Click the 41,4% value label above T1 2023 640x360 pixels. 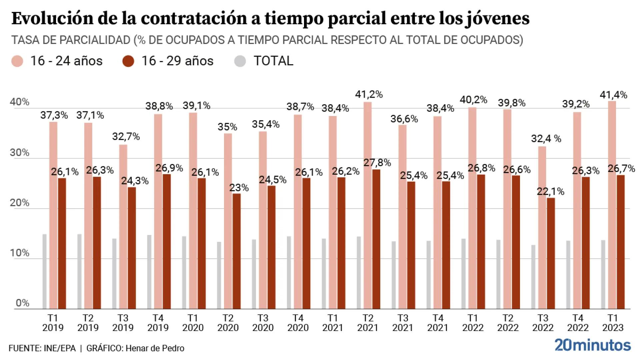[613, 95]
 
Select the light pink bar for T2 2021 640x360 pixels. [367, 205]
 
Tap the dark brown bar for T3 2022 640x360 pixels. [551, 253]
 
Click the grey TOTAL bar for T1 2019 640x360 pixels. [45, 272]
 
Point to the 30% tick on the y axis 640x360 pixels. [19, 153]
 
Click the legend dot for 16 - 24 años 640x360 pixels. [17, 61]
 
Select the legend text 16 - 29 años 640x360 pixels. [177, 61]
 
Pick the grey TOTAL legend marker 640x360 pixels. [240, 61]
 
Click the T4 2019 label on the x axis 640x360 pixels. [158, 323]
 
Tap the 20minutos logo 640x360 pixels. [593, 345]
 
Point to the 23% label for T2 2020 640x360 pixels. [239, 188]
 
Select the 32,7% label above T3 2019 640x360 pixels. [126, 136]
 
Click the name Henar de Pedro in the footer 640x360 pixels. [155, 348]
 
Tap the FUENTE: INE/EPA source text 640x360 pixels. [42, 348]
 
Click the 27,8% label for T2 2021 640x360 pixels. [377, 163]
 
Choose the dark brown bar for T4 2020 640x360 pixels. [306, 243]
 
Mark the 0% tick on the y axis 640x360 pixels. [22, 303]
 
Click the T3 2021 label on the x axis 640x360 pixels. [403, 323]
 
